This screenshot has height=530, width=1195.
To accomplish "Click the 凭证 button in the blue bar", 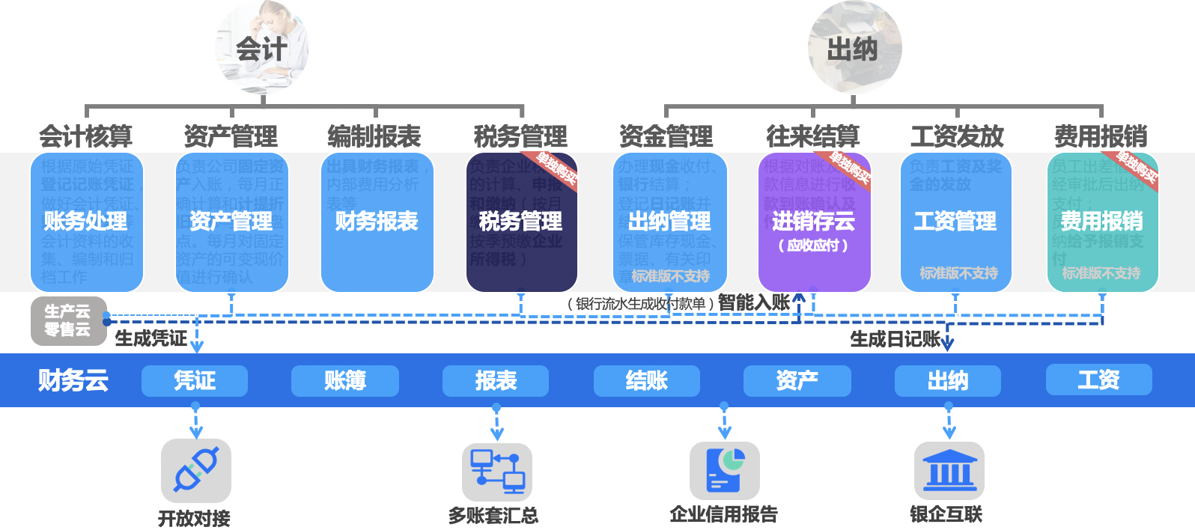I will coord(195,381).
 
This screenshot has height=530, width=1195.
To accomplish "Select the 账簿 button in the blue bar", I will coord(345,381).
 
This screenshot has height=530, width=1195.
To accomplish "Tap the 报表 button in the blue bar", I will coord(496,381).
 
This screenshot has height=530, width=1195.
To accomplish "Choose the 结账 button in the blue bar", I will coord(647,381).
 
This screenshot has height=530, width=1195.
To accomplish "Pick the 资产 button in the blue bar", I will coord(797,381).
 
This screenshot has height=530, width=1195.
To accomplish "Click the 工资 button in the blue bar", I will coord(1098,380).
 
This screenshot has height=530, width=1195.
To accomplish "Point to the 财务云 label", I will coord(73,380).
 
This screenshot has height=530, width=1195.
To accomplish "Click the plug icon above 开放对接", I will coord(196,470).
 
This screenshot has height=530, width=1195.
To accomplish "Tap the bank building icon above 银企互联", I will coord(949,471).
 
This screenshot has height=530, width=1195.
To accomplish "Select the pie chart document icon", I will coord(725,470).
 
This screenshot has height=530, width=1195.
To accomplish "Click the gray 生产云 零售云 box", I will coord(68,321).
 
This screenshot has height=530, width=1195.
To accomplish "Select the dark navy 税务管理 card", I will coord(521,222).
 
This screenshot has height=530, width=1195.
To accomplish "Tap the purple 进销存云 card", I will coord(814,222).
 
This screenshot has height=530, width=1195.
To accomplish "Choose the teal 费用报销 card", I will coord(1102,222).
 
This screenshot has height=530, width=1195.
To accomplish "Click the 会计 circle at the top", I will coord(262,49).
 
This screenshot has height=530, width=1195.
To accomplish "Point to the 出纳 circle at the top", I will coord(854,49).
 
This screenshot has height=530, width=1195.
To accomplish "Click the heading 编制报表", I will coord(374,136).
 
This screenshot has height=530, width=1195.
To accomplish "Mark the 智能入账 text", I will coord(753,302).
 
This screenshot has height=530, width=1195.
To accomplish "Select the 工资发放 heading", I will coord(957,136).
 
